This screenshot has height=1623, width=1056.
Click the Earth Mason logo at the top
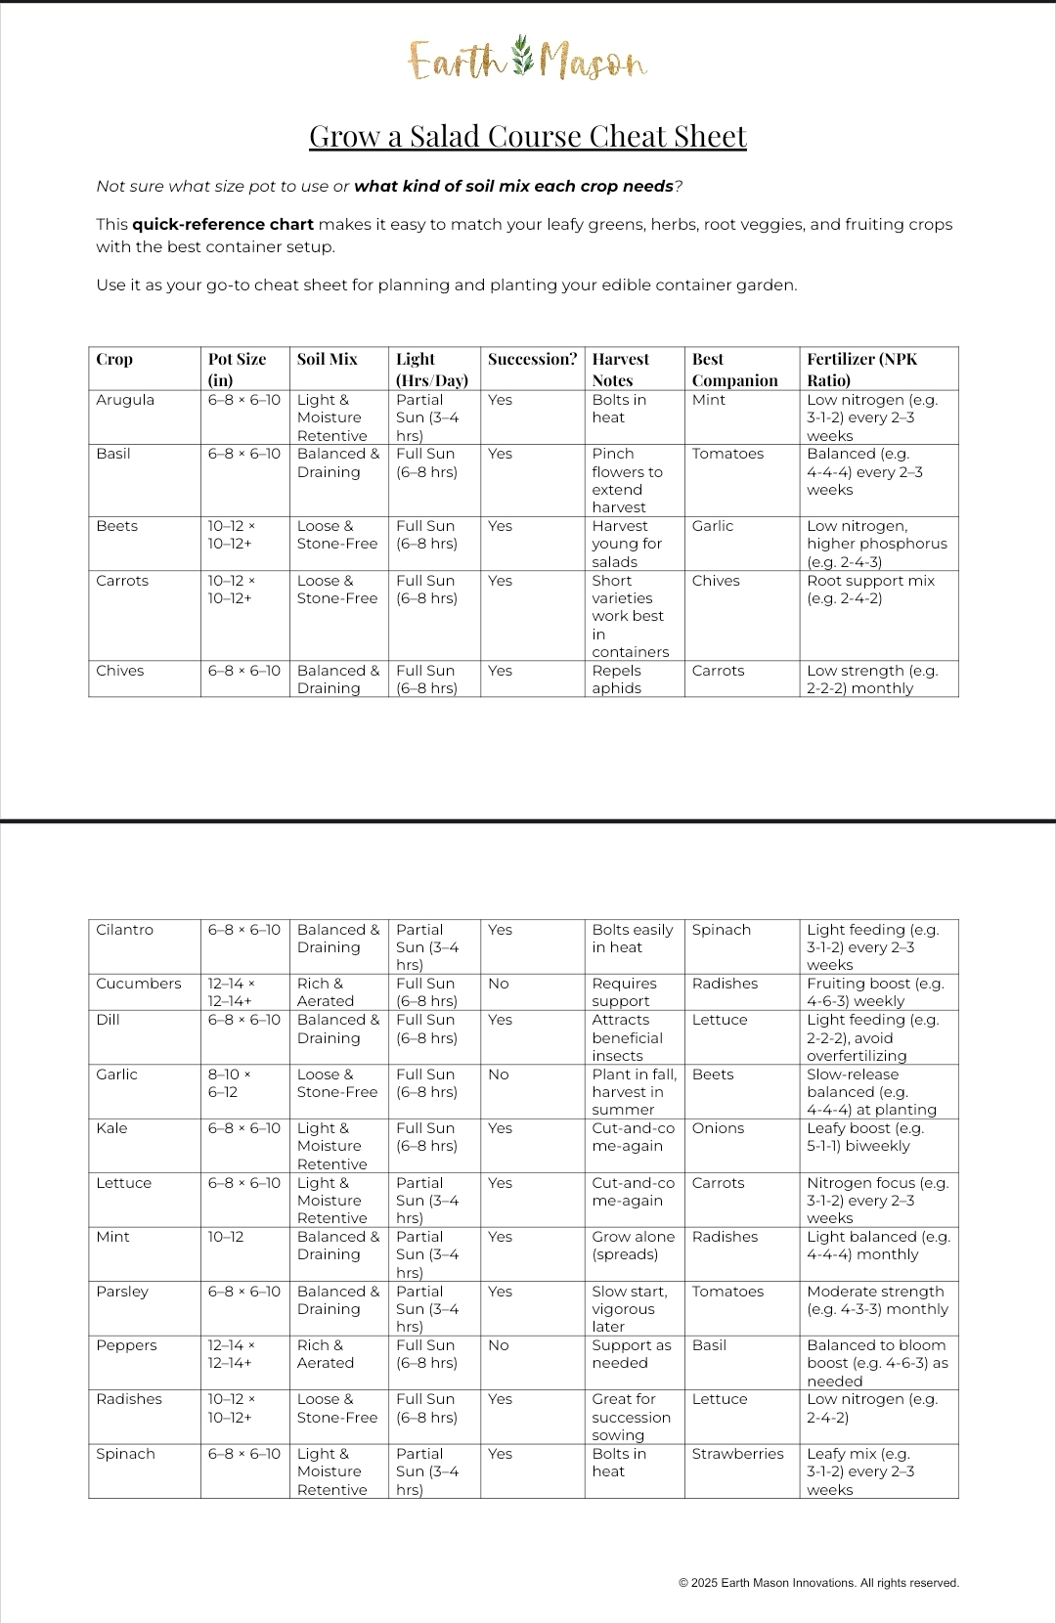pos(527,61)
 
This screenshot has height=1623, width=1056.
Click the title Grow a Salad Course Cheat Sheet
pos(528,137)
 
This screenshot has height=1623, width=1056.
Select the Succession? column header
pos(532,360)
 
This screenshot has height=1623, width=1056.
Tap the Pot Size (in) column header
pos(237,370)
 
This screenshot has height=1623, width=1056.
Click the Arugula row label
pos(125,400)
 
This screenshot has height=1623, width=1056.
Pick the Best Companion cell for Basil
pos(727,454)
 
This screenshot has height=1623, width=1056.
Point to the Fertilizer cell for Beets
pos(876,544)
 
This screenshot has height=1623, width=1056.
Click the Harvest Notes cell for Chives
pos(617,680)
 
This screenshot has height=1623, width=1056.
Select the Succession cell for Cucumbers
pos(499,984)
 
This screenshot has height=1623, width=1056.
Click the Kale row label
pos(112,1128)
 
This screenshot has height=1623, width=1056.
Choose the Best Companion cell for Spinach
pos(737,1454)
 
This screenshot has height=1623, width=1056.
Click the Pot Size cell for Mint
pos(226,1237)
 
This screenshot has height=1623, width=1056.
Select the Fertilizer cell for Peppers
pos(877,1363)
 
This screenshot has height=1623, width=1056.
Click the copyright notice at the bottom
pos(818,1583)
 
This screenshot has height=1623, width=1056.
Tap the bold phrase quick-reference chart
pos(223,225)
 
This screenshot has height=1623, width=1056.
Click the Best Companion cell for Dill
pos(720,1020)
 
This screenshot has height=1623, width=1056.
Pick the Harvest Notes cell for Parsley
pos(629,1308)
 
